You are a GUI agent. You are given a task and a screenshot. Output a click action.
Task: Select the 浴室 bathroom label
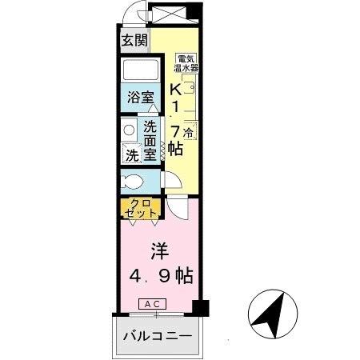point(140,98)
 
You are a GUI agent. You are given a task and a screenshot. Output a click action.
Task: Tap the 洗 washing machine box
point(130,154)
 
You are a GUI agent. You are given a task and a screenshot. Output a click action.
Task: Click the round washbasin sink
point(128,130)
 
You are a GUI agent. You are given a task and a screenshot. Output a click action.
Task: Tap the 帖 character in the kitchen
point(175,149)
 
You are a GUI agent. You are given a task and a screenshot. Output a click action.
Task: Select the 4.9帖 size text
point(162,276)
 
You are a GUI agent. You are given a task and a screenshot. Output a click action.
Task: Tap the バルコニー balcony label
point(157,337)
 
